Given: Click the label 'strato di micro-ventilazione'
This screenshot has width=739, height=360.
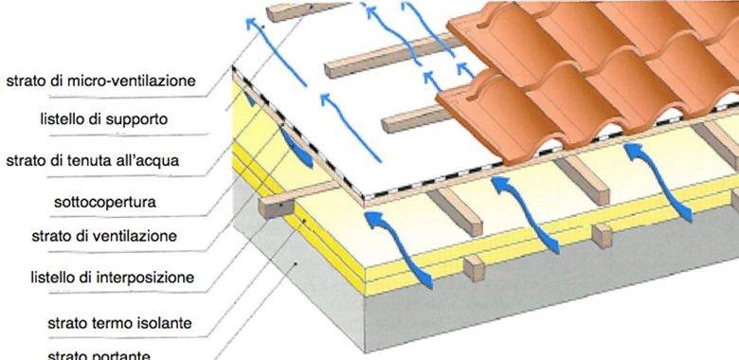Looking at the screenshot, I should click(100, 81).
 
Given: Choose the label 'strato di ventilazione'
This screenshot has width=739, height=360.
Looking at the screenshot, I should click(117, 235).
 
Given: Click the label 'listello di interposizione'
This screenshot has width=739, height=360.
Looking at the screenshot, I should click(112, 278).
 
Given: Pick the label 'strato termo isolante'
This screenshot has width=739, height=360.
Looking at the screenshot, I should click(120, 323).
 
